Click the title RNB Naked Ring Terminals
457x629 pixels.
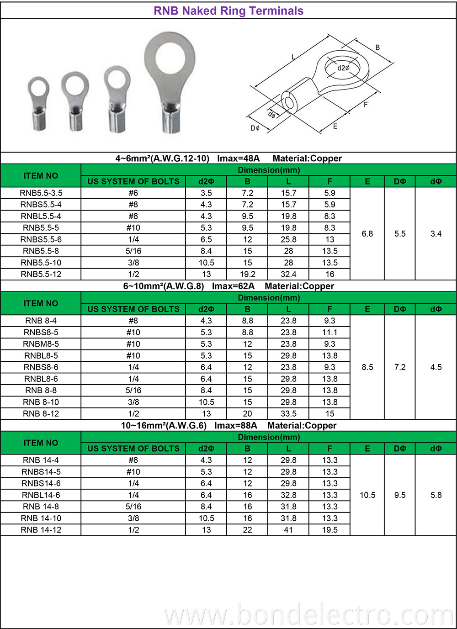(x=228, y=11)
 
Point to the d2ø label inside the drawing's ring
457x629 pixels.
(x=343, y=68)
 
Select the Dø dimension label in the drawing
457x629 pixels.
(x=255, y=128)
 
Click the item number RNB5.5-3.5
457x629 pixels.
(x=41, y=193)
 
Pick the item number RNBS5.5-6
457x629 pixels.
(x=41, y=239)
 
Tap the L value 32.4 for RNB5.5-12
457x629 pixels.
(x=288, y=275)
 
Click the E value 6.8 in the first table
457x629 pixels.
(x=367, y=234)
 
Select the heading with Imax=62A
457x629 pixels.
(x=228, y=286)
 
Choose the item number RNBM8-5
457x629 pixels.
(x=41, y=344)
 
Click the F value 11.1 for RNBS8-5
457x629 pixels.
(x=329, y=333)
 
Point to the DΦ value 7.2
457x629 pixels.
(x=400, y=367)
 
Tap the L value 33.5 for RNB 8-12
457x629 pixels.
(x=288, y=414)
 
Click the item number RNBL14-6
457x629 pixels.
(x=41, y=495)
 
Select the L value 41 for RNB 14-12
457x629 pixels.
(x=288, y=530)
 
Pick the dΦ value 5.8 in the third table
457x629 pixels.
(x=436, y=495)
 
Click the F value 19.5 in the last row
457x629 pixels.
(x=329, y=530)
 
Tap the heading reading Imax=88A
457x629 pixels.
(x=228, y=426)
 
